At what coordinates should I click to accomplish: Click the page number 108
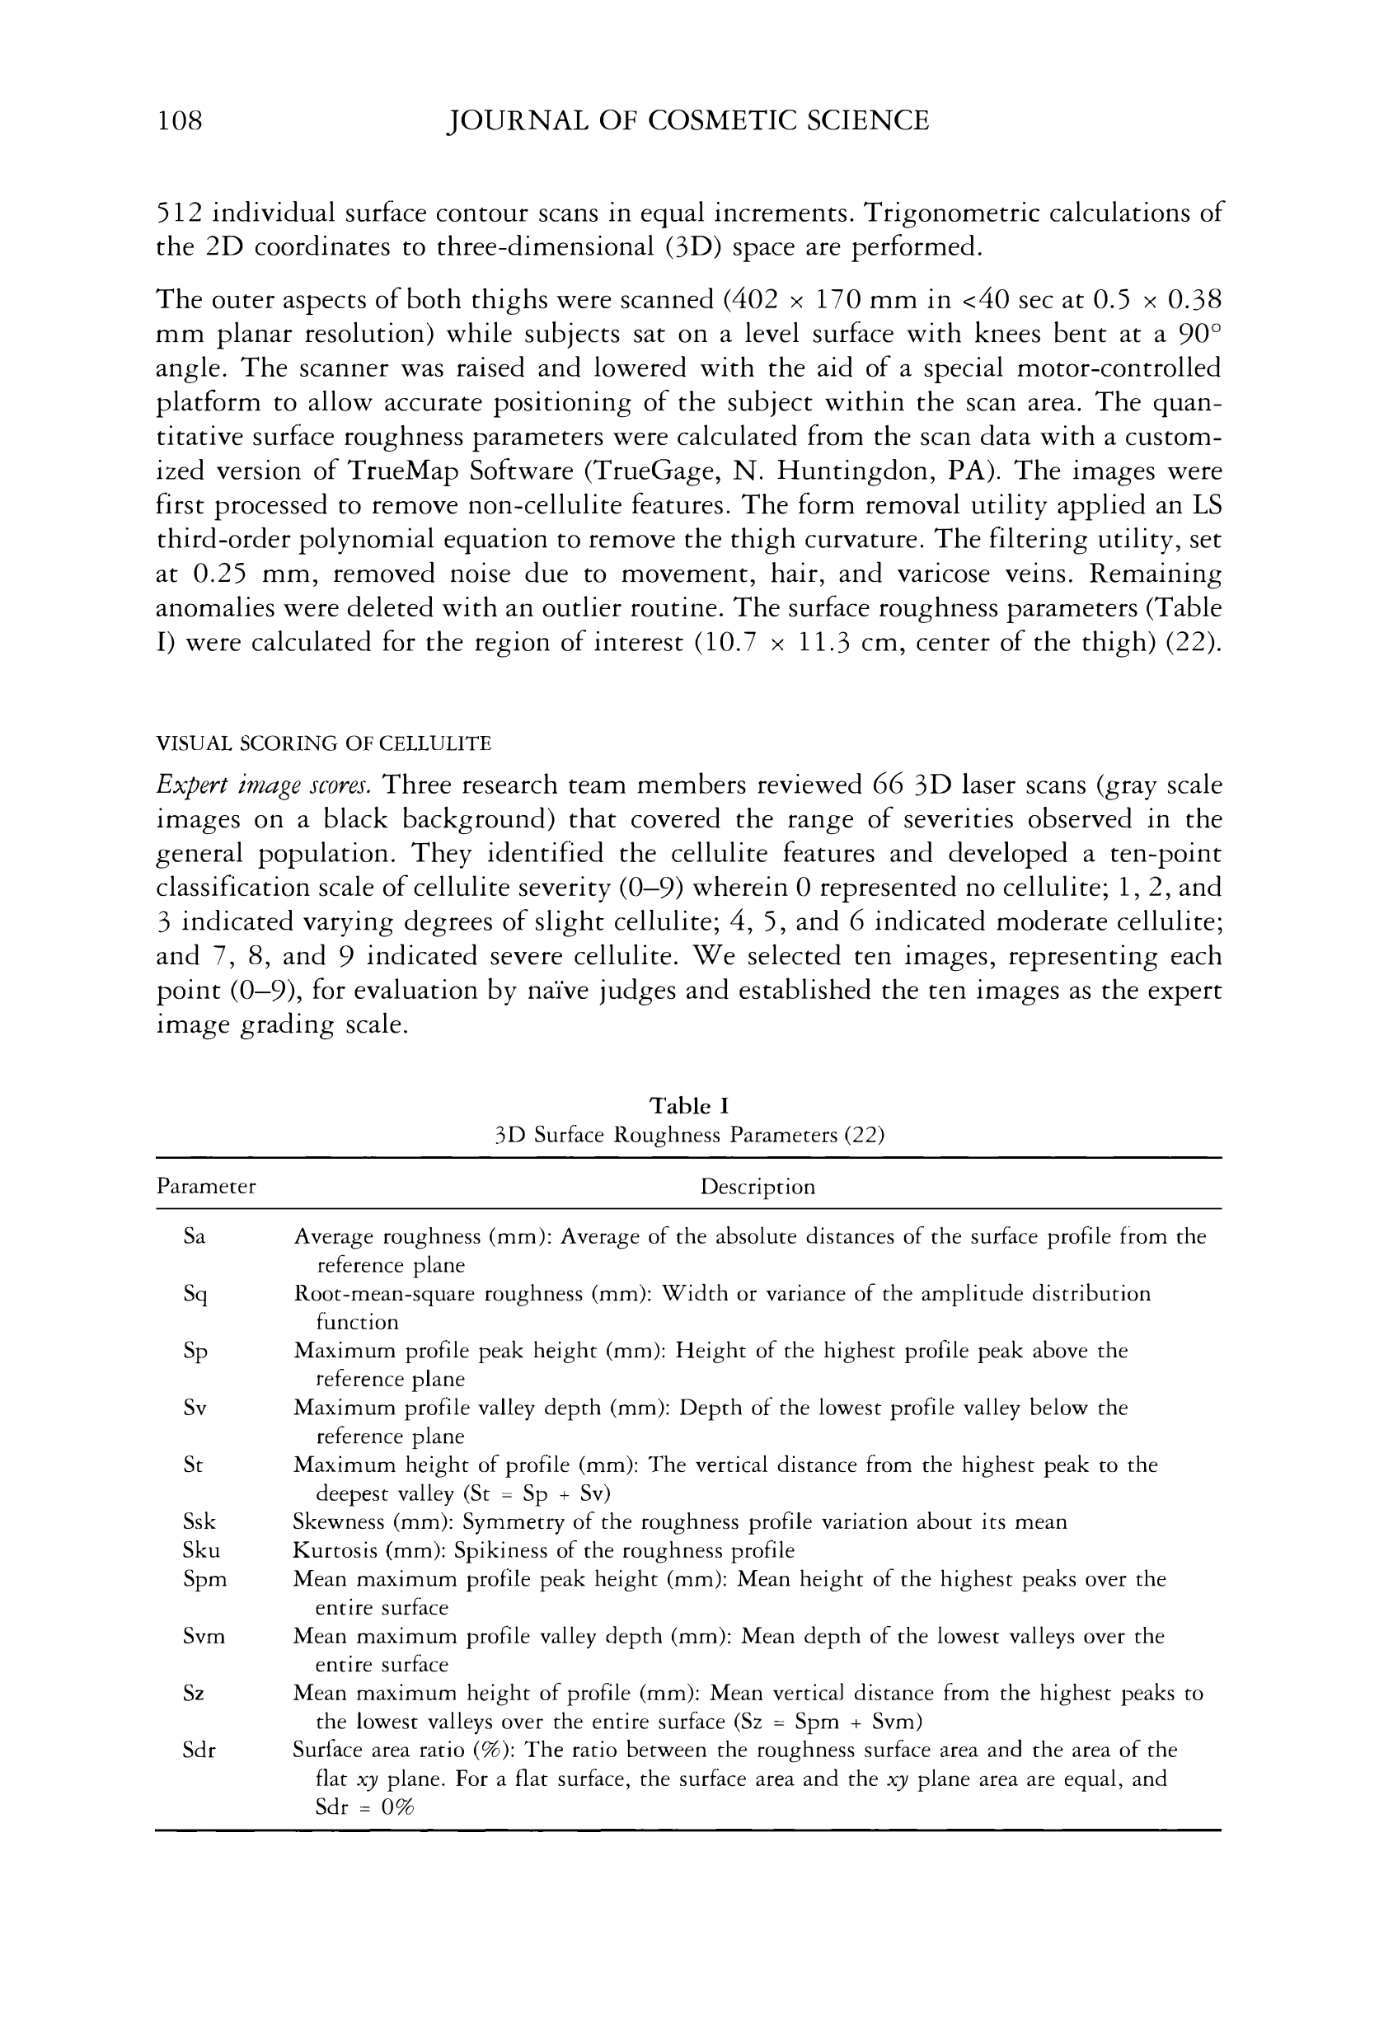coord(179,120)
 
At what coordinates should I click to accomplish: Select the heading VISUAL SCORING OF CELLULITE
coord(323,743)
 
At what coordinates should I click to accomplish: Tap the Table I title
coord(688,1106)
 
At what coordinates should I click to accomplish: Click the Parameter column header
coord(206,1187)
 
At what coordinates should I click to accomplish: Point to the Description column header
coord(758,1187)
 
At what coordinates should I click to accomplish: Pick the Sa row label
coord(195,1236)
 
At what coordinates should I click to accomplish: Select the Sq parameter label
coord(195,1295)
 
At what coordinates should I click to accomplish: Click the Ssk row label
coord(199,1522)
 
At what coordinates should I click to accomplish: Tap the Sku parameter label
coord(201,1550)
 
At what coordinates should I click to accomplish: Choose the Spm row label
coord(204,1579)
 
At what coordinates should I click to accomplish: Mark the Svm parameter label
coord(204,1637)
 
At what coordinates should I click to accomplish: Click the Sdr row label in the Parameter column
coord(199,1751)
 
